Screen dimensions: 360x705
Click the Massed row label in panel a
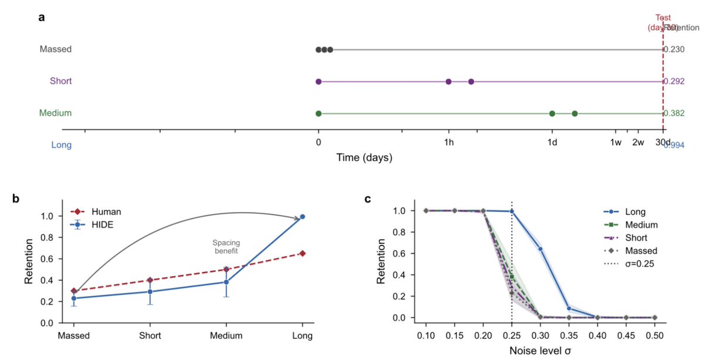pos(55,49)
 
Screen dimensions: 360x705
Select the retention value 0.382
pos(674,113)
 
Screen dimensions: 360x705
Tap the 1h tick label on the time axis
pos(448,143)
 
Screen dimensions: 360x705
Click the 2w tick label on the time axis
pos(638,143)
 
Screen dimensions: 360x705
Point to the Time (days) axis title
pos(364,158)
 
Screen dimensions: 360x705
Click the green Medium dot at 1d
pos(552,113)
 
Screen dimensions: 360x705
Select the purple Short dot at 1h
pos(448,82)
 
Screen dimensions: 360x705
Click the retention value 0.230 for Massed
pos(674,49)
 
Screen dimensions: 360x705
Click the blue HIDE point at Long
pos(302,217)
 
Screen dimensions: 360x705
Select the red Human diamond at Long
pos(302,253)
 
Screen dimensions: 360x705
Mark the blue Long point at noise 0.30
pos(540,249)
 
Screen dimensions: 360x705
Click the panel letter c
pos(368,199)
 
